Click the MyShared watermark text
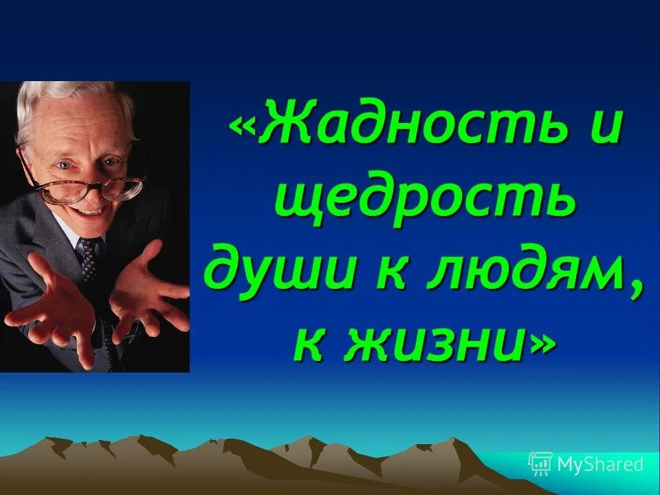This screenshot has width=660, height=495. (x=599, y=465)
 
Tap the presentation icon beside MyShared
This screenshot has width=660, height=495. (x=540, y=464)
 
